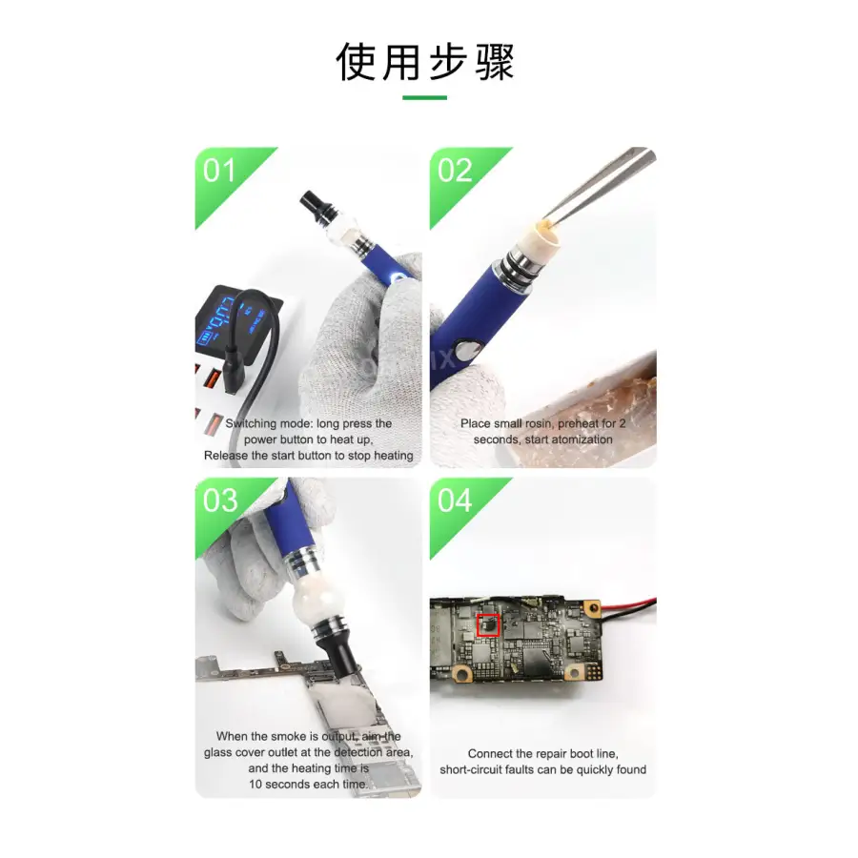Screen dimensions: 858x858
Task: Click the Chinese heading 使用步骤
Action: [x=425, y=62]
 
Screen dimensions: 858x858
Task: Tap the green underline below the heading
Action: [x=425, y=97]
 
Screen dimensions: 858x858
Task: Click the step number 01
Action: [x=219, y=171]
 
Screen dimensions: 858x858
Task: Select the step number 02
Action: [x=455, y=171]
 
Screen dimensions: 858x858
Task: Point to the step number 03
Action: [x=220, y=500]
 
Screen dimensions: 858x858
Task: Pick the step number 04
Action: [x=455, y=500]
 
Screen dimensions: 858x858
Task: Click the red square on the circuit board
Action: [x=488, y=625]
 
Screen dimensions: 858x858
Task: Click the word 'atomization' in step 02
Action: [x=582, y=439]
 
